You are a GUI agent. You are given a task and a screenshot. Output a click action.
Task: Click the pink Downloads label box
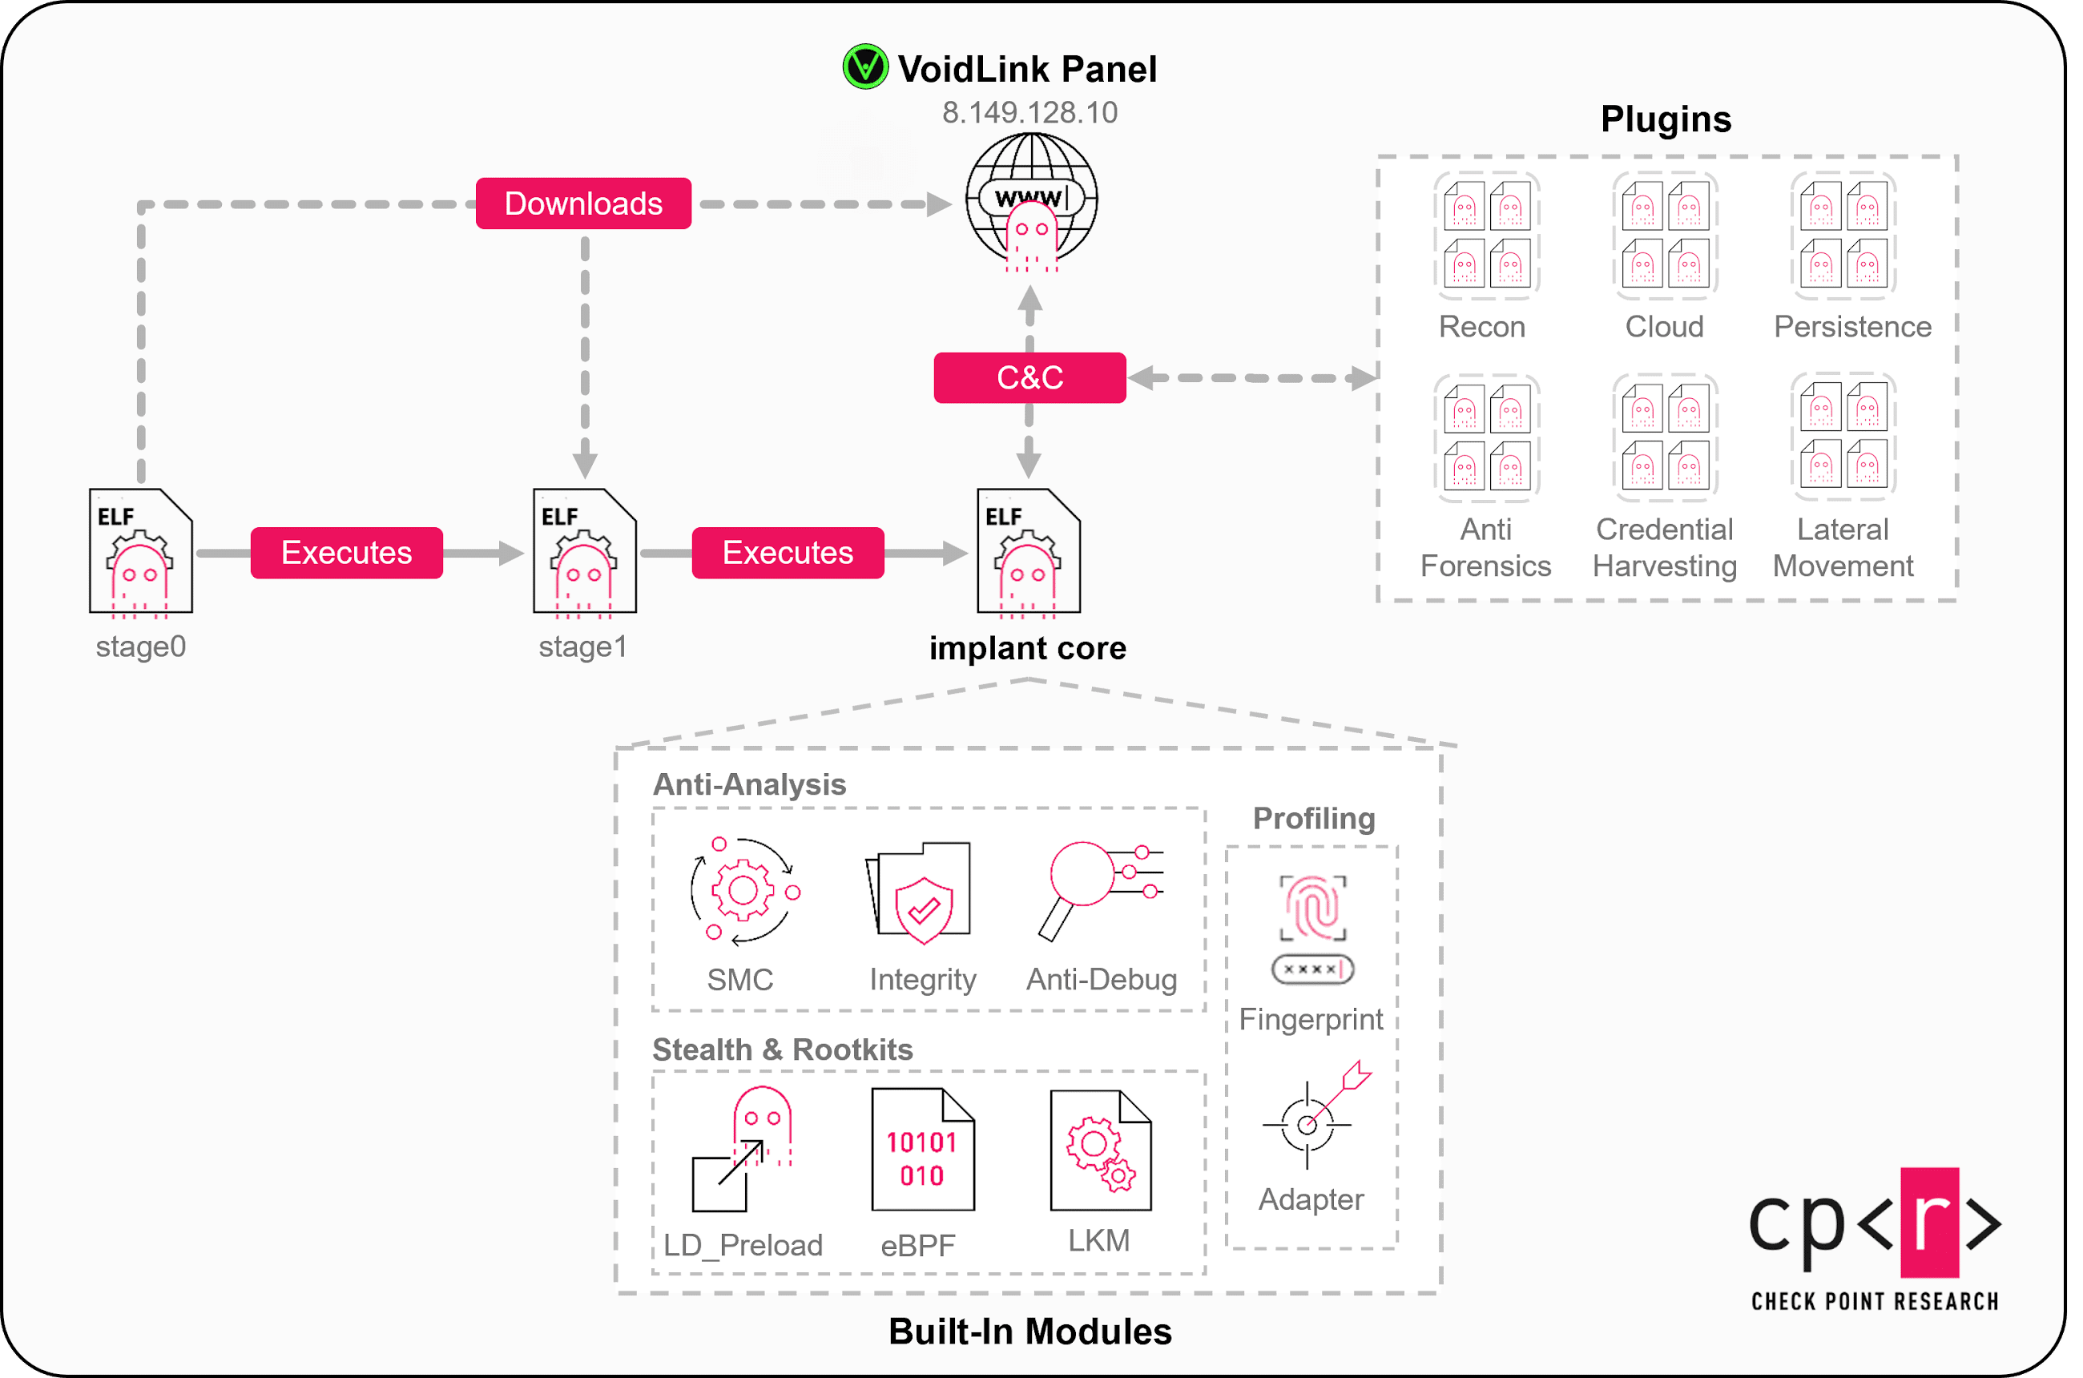coord(582,203)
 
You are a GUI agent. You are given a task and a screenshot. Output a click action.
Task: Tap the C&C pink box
coord(1029,378)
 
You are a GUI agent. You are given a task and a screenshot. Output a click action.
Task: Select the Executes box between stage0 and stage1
coord(346,553)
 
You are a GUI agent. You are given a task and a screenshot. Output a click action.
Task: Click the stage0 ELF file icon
coord(141,551)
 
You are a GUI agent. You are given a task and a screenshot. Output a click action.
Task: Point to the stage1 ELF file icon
coord(585,551)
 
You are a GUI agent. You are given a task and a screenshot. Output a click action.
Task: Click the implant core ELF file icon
coord(1029,551)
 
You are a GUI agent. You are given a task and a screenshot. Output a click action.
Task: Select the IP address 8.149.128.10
coord(1029,112)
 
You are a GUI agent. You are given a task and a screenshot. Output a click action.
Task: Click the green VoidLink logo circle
coord(864,66)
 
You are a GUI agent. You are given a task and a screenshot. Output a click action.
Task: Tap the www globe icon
coord(1031,200)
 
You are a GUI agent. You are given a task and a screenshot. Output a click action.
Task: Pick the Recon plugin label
coord(1482,327)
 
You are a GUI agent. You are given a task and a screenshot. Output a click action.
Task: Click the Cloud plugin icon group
coord(1665,235)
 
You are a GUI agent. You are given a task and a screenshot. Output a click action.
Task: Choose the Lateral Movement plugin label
coord(1843,547)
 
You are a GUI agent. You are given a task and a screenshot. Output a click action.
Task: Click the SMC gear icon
coord(743,891)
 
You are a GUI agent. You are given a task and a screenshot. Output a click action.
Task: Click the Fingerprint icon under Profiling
coord(1313,928)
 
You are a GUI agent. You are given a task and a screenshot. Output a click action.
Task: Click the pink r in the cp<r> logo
coord(1929,1222)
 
